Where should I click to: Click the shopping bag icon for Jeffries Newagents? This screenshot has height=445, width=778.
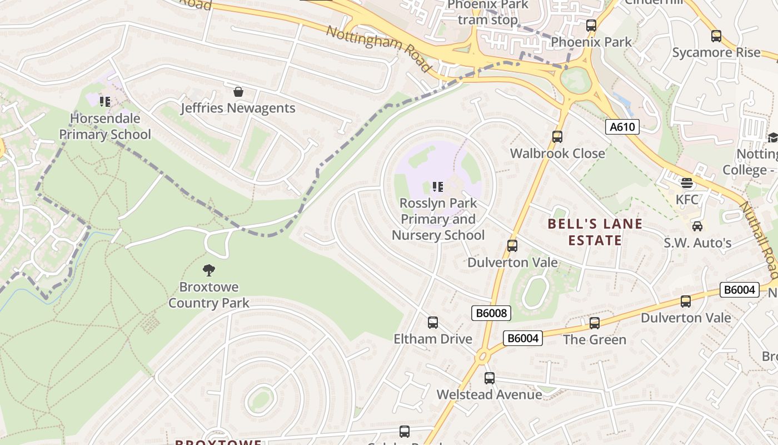(238, 92)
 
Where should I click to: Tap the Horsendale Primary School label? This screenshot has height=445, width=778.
(105, 126)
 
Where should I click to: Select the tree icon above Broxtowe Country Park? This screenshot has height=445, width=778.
(209, 270)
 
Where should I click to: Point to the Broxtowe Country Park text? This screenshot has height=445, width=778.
(208, 295)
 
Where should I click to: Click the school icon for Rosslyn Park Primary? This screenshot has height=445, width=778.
(437, 187)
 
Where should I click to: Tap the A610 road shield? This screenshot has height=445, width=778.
(622, 127)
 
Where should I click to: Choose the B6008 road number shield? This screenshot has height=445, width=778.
(491, 313)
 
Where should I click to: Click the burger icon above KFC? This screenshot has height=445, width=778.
(687, 183)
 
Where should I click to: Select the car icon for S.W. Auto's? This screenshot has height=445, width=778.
(697, 226)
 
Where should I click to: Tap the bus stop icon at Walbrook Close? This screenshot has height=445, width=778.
(557, 137)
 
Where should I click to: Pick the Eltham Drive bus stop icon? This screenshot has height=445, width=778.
(432, 323)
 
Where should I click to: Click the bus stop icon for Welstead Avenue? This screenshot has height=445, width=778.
(489, 378)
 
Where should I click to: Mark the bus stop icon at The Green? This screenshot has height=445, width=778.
(595, 323)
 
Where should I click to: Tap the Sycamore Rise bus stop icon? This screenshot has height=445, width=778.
(716, 36)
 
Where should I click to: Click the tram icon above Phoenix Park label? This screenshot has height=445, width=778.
(591, 26)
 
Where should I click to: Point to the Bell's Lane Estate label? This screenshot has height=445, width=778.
(595, 232)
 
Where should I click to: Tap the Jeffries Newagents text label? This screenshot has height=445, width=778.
(238, 108)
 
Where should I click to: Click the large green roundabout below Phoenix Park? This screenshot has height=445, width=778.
(574, 81)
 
